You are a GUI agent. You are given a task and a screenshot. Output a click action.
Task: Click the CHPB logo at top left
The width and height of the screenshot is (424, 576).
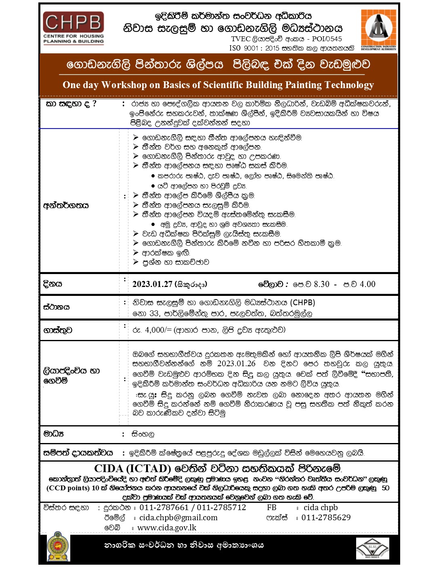[x=73, y=27]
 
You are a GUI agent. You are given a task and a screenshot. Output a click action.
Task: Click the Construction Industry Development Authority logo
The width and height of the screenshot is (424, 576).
[x=378, y=29]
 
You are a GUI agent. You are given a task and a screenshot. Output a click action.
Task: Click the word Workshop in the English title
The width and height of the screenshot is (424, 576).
[x=124, y=85]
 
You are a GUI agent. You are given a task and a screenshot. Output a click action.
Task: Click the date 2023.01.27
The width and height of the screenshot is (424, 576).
[x=152, y=284]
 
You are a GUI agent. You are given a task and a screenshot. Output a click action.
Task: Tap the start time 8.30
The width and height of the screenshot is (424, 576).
[x=321, y=284]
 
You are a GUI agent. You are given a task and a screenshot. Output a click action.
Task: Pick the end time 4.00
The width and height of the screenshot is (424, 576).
[x=367, y=284]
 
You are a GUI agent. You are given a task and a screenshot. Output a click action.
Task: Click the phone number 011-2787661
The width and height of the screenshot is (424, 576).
[x=164, y=508]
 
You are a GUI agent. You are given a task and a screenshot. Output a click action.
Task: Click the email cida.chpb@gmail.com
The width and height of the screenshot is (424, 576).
[x=178, y=518]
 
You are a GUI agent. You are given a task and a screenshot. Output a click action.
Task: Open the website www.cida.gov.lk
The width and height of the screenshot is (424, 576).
[x=167, y=528]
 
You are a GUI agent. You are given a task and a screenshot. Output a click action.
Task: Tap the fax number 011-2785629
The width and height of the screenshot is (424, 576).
[x=326, y=518]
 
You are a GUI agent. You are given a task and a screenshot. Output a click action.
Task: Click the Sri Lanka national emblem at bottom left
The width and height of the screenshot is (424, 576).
[x=58, y=546]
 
